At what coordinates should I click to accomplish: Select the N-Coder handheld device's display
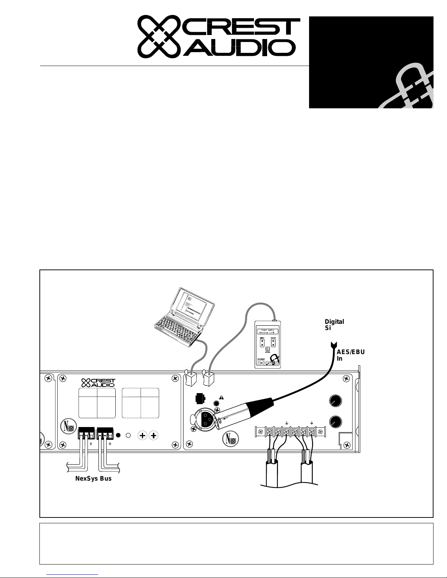click(267, 331)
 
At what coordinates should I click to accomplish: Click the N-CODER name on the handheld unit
click(268, 362)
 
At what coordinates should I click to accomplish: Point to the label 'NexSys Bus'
click(93, 478)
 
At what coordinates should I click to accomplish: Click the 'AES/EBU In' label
click(350, 355)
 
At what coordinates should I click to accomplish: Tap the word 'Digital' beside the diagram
click(334, 322)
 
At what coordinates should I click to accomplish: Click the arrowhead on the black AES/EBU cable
click(334, 345)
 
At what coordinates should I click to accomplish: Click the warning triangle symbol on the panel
click(221, 397)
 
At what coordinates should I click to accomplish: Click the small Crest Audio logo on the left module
click(98, 383)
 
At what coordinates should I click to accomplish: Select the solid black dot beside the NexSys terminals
click(118, 435)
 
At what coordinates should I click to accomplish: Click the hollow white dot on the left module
click(128, 435)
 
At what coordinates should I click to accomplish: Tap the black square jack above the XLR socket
click(200, 398)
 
